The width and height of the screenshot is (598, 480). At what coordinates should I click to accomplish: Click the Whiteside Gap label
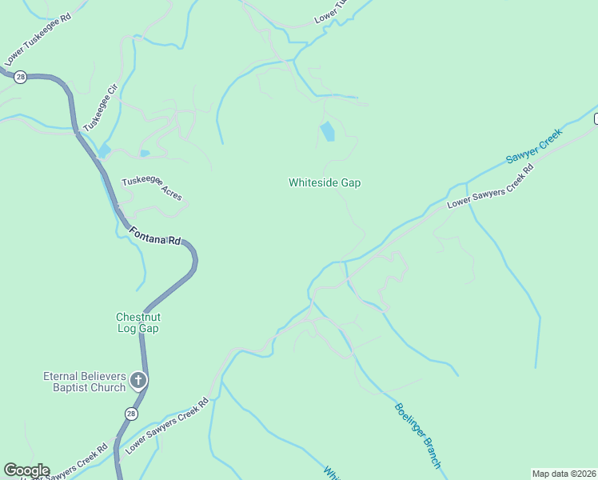pos(325,183)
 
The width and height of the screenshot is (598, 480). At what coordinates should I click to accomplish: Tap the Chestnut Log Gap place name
pos(138,322)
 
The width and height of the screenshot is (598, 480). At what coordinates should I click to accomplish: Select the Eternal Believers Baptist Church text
pos(84,382)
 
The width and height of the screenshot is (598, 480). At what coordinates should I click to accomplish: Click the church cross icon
pos(138,380)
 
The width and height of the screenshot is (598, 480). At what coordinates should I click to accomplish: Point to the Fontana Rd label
pos(155,238)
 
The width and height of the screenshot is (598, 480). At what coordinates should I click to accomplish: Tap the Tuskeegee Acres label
pos(152,188)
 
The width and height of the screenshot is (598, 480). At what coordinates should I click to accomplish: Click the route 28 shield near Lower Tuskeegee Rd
pos(21,76)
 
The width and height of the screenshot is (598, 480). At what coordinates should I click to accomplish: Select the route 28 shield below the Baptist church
pos(130,413)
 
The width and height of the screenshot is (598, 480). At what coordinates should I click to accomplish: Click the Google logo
pos(26,470)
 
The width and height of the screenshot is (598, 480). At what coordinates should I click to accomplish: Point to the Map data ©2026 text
pos(564,473)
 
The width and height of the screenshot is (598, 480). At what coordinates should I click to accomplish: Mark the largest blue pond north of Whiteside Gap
pos(327,131)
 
